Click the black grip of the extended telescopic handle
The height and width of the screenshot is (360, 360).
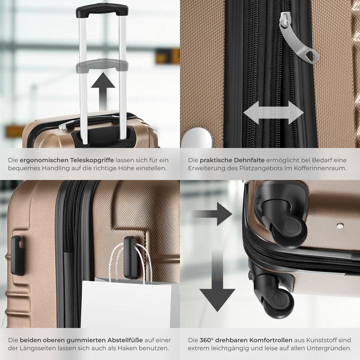click(101, 9)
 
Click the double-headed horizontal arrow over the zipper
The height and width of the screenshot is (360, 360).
click(273, 112)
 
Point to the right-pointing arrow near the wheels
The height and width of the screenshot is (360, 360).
click(212, 214)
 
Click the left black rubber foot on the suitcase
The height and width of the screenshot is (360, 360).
click(17, 255)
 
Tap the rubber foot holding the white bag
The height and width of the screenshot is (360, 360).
click(130, 257)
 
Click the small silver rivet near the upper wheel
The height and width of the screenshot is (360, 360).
click(340, 226)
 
